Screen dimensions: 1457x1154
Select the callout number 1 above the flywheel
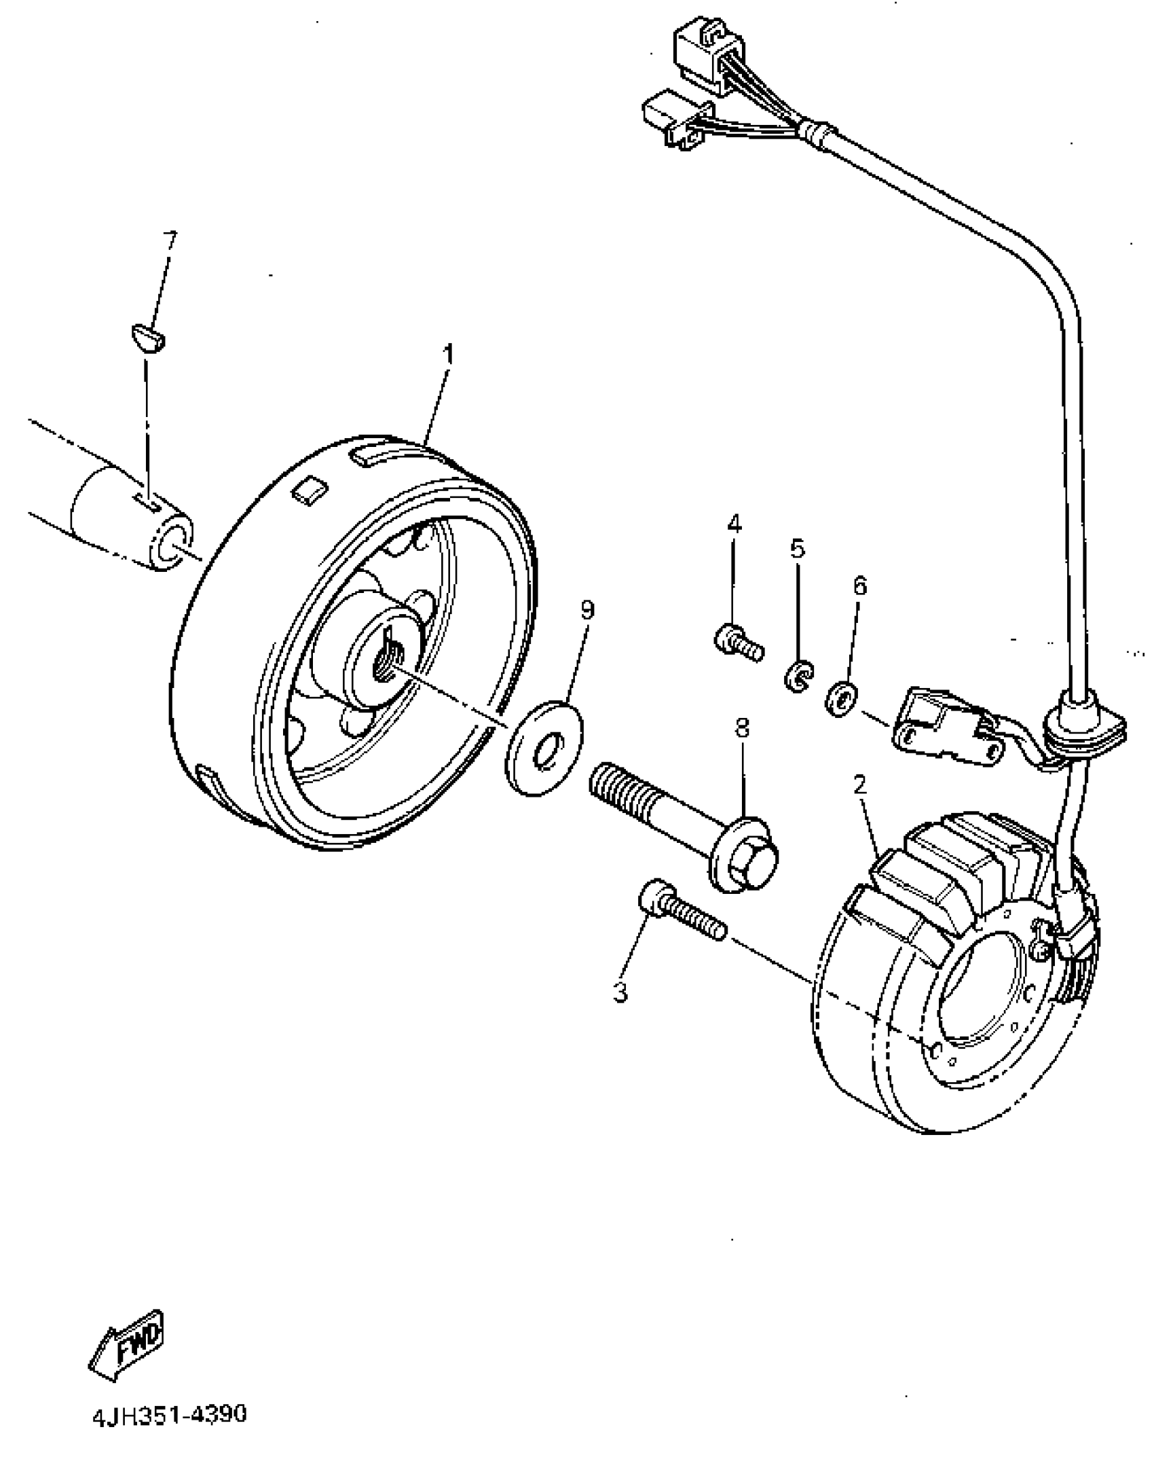tap(447, 354)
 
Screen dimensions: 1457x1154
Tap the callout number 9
tap(587, 609)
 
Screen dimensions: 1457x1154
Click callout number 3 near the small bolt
tap(620, 992)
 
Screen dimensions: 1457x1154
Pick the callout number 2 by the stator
tap(860, 786)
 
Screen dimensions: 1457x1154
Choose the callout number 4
tap(734, 524)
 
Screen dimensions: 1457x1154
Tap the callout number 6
tap(860, 585)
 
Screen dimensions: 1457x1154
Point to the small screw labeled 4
tap(738, 642)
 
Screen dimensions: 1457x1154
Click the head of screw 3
tap(655, 897)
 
